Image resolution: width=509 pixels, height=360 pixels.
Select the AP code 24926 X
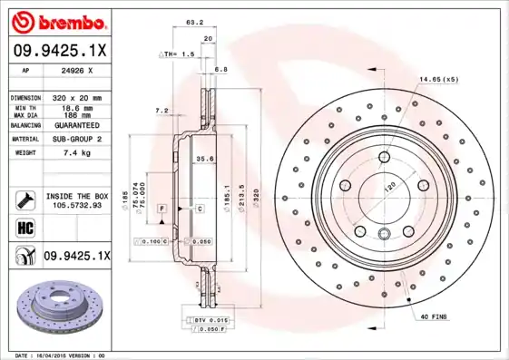click(x=75, y=69)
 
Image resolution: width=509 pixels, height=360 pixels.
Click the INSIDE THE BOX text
click(x=77, y=196)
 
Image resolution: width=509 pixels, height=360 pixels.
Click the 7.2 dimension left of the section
click(x=162, y=110)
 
